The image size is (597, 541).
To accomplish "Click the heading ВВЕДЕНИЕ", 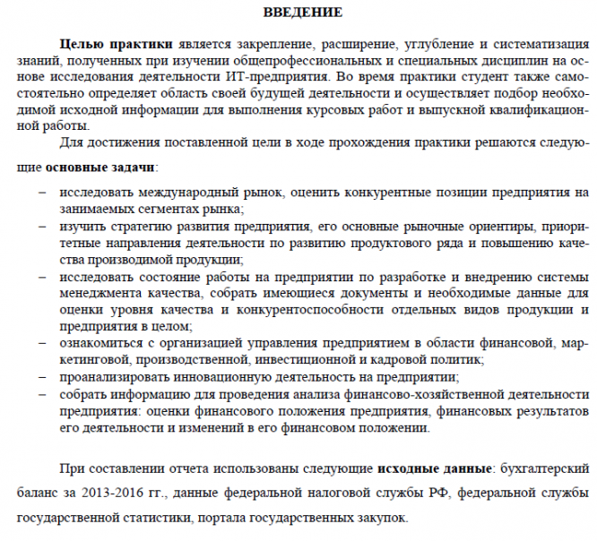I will pyautogui.click(x=303, y=13).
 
